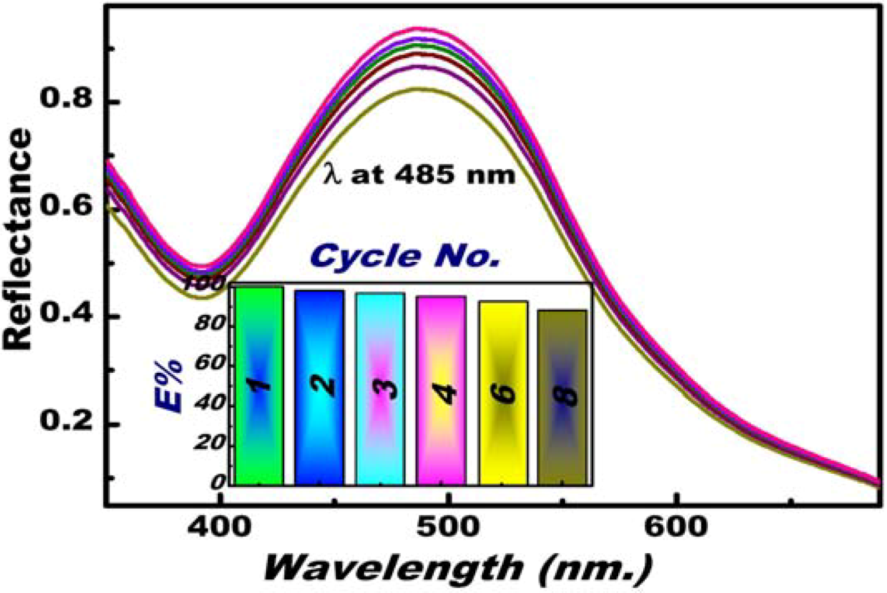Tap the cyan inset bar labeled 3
pyautogui.click(x=380, y=389)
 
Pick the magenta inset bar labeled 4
pyautogui.click(x=441, y=390)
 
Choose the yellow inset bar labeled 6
pyautogui.click(x=503, y=393)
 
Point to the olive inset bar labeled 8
pyautogui.click(x=562, y=397)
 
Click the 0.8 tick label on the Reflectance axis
pyautogui.click(x=66, y=99)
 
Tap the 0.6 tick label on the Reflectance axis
pyautogui.click(x=66, y=206)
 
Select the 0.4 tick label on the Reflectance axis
pyautogui.click(x=66, y=314)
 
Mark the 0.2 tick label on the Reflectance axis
pyautogui.click(x=66, y=421)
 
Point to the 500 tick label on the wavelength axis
pyautogui.click(x=449, y=527)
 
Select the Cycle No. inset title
pyautogui.click(x=405, y=256)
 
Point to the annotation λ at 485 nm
pyautogui.click(x=418, y=176)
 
